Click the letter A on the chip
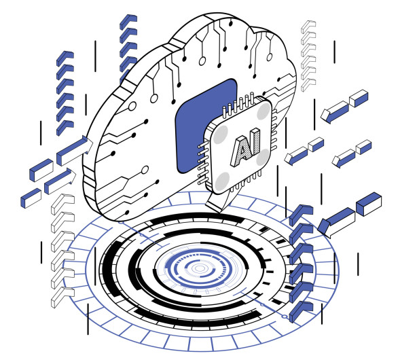click(239, 147)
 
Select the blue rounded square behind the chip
click(197, 122)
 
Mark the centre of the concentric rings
click(199, 269)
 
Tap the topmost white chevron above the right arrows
click(308, 26)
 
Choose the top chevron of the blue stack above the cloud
click(128, 20)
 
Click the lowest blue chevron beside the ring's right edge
click(299, 312)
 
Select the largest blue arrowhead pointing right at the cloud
click(73, 149)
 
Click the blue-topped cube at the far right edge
click(369, 202)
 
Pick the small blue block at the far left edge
click(31, 198)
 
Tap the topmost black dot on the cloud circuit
click(231, 23)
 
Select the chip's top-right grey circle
click(263, 109)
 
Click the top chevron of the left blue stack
click(65, 56)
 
